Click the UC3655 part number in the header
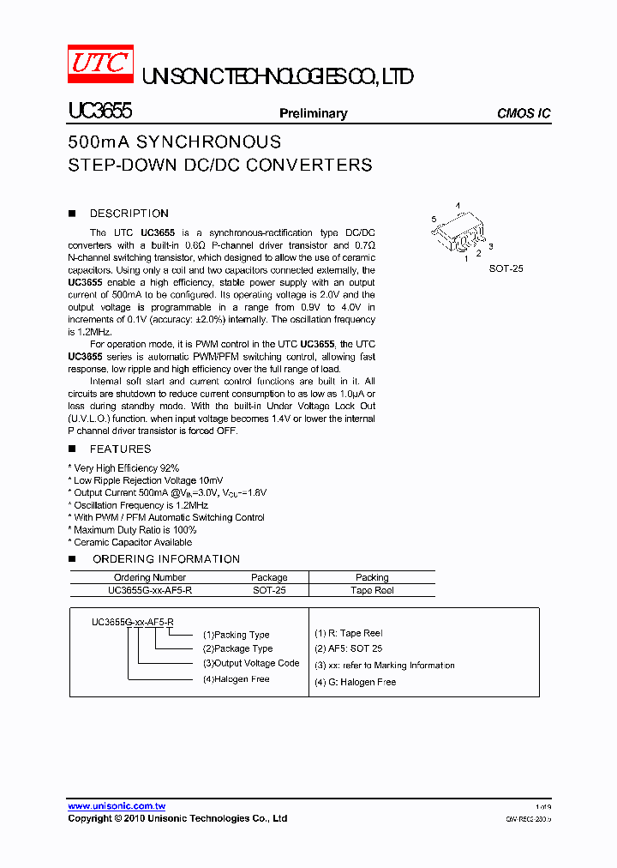coord(99,112)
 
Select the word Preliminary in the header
coord(314,113)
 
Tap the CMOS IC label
coord(524,113)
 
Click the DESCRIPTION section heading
coord(129,214)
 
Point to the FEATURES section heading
coord(120,449)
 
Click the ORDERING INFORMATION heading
coord(165,559)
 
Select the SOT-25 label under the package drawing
coord(506,268)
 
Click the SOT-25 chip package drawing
coord(458,232)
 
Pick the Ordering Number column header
coord(150,577)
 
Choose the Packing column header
coord(372,577)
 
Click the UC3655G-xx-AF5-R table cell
coord(150,590)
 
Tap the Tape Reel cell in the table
coord(372,590)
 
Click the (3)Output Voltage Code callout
coord(251,663)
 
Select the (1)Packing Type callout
coord(236,635)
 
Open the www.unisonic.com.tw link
coord(117,806)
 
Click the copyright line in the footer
coord(177,818)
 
